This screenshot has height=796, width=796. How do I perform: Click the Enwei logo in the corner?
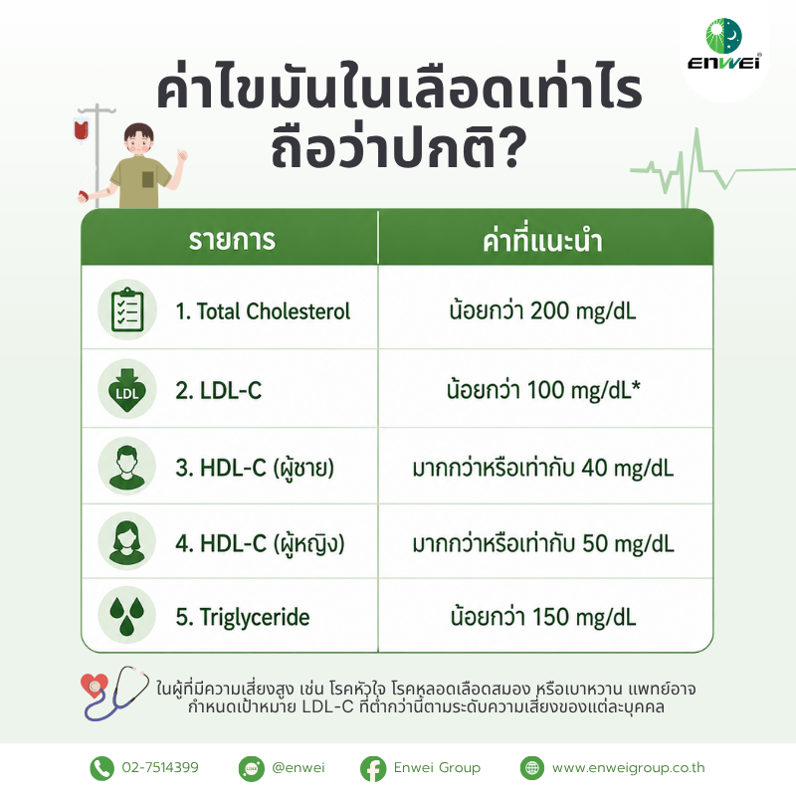point(724,44)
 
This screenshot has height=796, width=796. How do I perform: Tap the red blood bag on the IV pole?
point(82,129)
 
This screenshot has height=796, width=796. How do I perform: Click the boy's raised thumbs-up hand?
point(182,154)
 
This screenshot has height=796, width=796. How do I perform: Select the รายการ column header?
point(232,240)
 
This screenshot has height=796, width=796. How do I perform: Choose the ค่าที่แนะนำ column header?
point(542,240)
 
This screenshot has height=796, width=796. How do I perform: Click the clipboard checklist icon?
point(127,309)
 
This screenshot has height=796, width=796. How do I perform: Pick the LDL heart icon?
point(127,389)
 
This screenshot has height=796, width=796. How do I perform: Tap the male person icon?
point(127,466)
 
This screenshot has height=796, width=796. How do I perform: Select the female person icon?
point(127,541)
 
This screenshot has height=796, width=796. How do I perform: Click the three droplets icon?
point(127,615)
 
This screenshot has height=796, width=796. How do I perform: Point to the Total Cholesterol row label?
point(263,311)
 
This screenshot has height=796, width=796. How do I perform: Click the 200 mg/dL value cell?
point(542,310)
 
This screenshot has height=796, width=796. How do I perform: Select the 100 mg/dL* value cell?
point(543,389)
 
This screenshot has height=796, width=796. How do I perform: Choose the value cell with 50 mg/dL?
point(543,542)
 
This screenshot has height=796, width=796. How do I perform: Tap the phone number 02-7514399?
point(160,767)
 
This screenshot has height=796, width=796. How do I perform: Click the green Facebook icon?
point(373,768)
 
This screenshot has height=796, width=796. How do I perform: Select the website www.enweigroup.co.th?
point(629,767)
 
